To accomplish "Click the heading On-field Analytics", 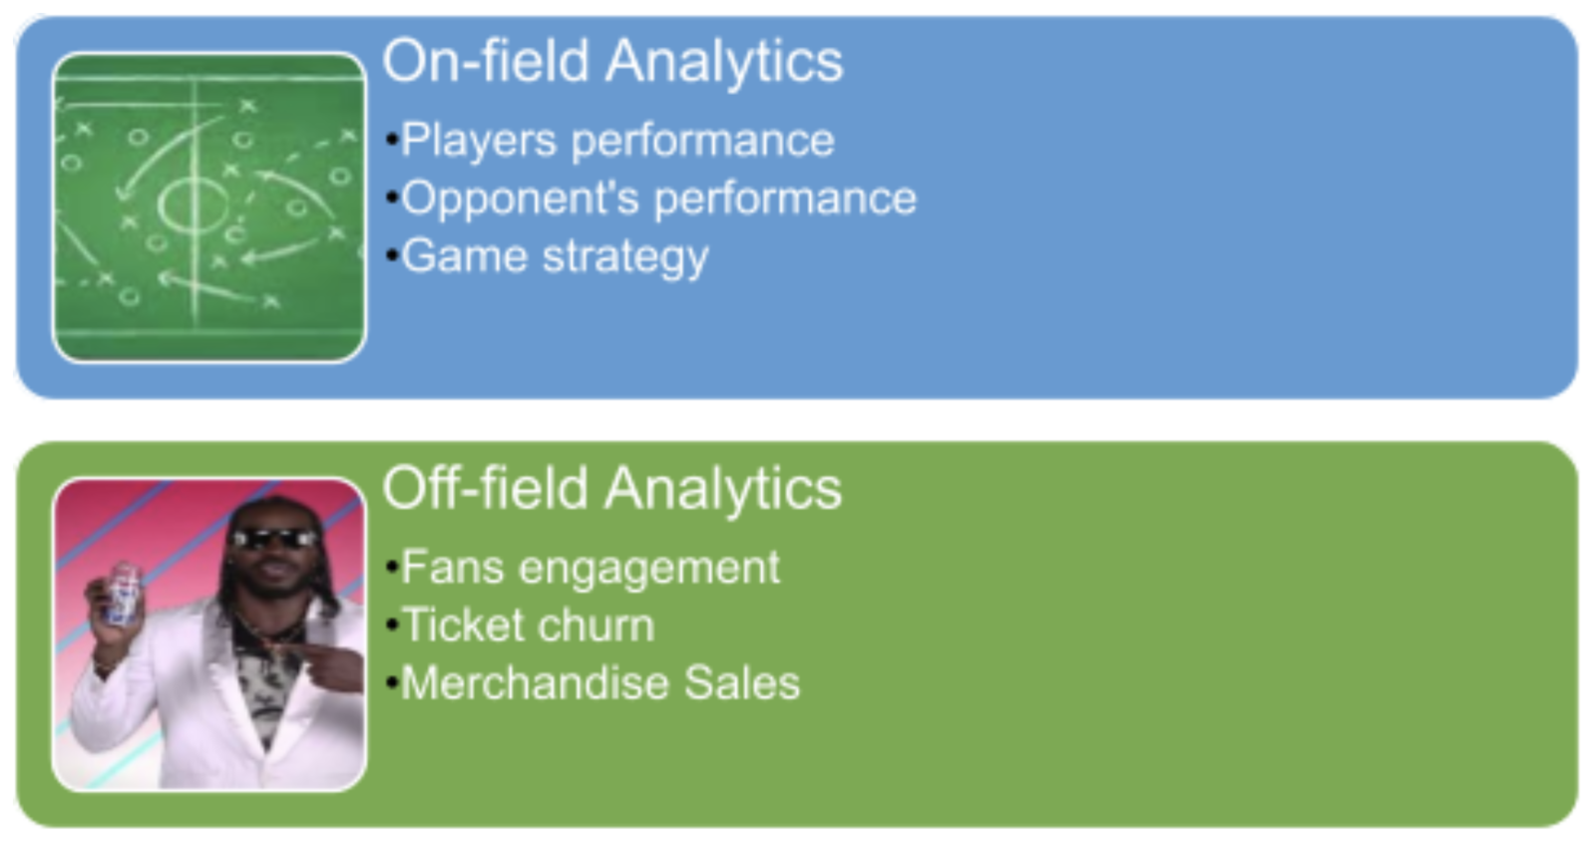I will click(x=612, y=62).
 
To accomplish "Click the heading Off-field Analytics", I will click(x=611, y=489).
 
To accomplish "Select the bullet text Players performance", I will click(x=617, y=141).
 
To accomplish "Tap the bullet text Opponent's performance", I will click(x=658, y=199).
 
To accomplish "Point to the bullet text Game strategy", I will click(x=555, y=257).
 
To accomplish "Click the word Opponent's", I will click(x=520, y=199).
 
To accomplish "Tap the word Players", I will click(x=479, y=141).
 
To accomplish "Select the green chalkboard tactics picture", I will click(x=209, y=208).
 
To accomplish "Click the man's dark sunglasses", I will click(x=273, y=539).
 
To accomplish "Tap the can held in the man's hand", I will click(x=123, y=593).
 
